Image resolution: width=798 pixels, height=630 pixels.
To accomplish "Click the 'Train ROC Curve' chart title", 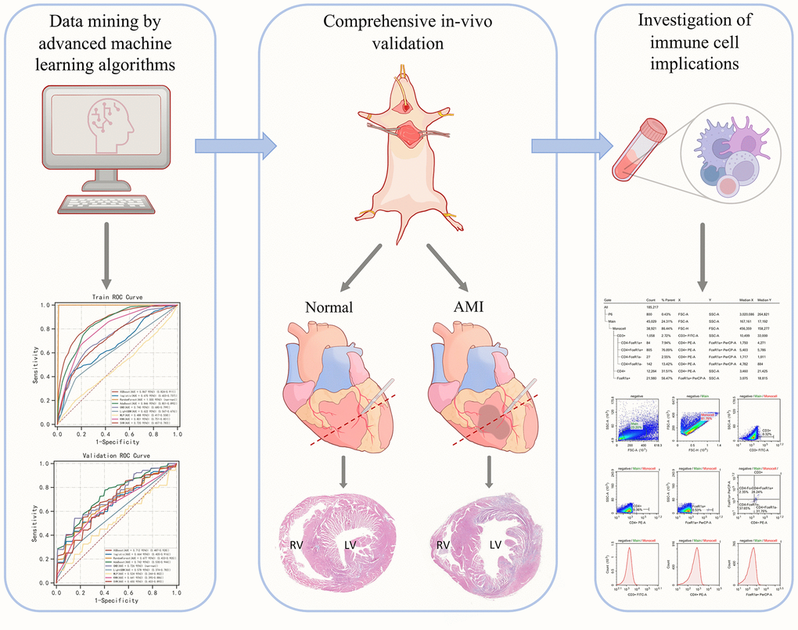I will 116,297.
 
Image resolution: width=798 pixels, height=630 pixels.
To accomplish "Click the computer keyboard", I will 106,203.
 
